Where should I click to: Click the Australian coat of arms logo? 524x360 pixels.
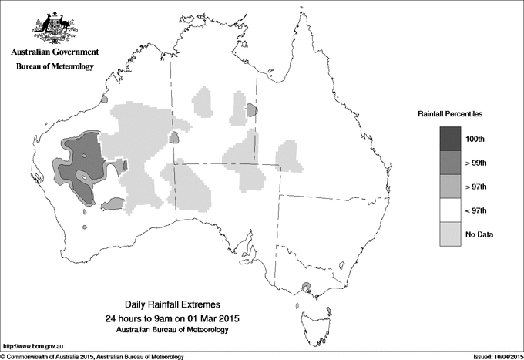coord(54,26)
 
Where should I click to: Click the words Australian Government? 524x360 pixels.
coord(54,52)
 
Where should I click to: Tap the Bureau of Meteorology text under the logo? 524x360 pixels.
coord(54,67)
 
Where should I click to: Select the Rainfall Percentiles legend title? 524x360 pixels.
coord(450,114)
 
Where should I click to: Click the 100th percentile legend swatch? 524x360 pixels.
coord(450,138)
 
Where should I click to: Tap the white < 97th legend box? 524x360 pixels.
coord(450,210)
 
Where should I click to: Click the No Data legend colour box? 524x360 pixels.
coord(450,234)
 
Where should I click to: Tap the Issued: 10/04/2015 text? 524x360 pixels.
coord(492,355)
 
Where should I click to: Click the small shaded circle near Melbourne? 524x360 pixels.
coord(307,288)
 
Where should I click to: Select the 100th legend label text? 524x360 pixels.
coord(475,138)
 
